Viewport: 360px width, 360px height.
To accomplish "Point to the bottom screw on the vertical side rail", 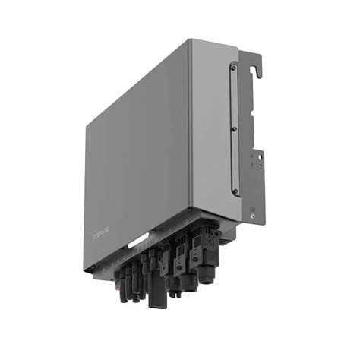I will point(234,191).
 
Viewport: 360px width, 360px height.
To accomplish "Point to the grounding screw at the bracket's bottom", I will point(251,216).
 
